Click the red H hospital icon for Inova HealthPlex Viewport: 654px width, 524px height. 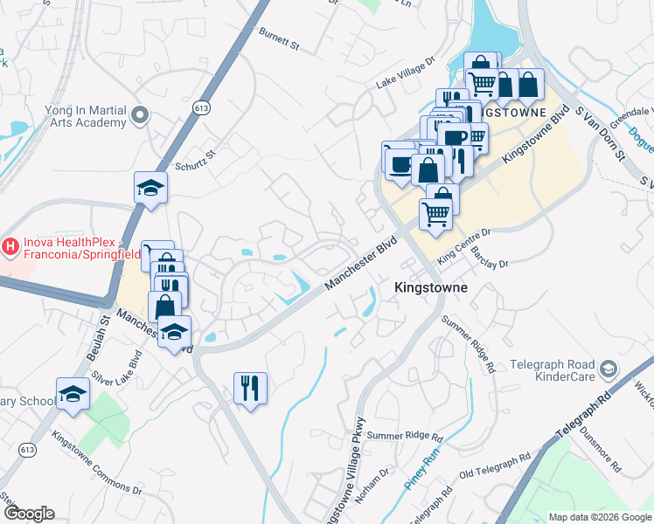coord(10,247)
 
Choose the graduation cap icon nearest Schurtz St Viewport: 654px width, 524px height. coord(150,188)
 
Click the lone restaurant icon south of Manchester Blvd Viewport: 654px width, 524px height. coord(250,387)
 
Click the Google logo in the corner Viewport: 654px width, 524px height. coord(29,514)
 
